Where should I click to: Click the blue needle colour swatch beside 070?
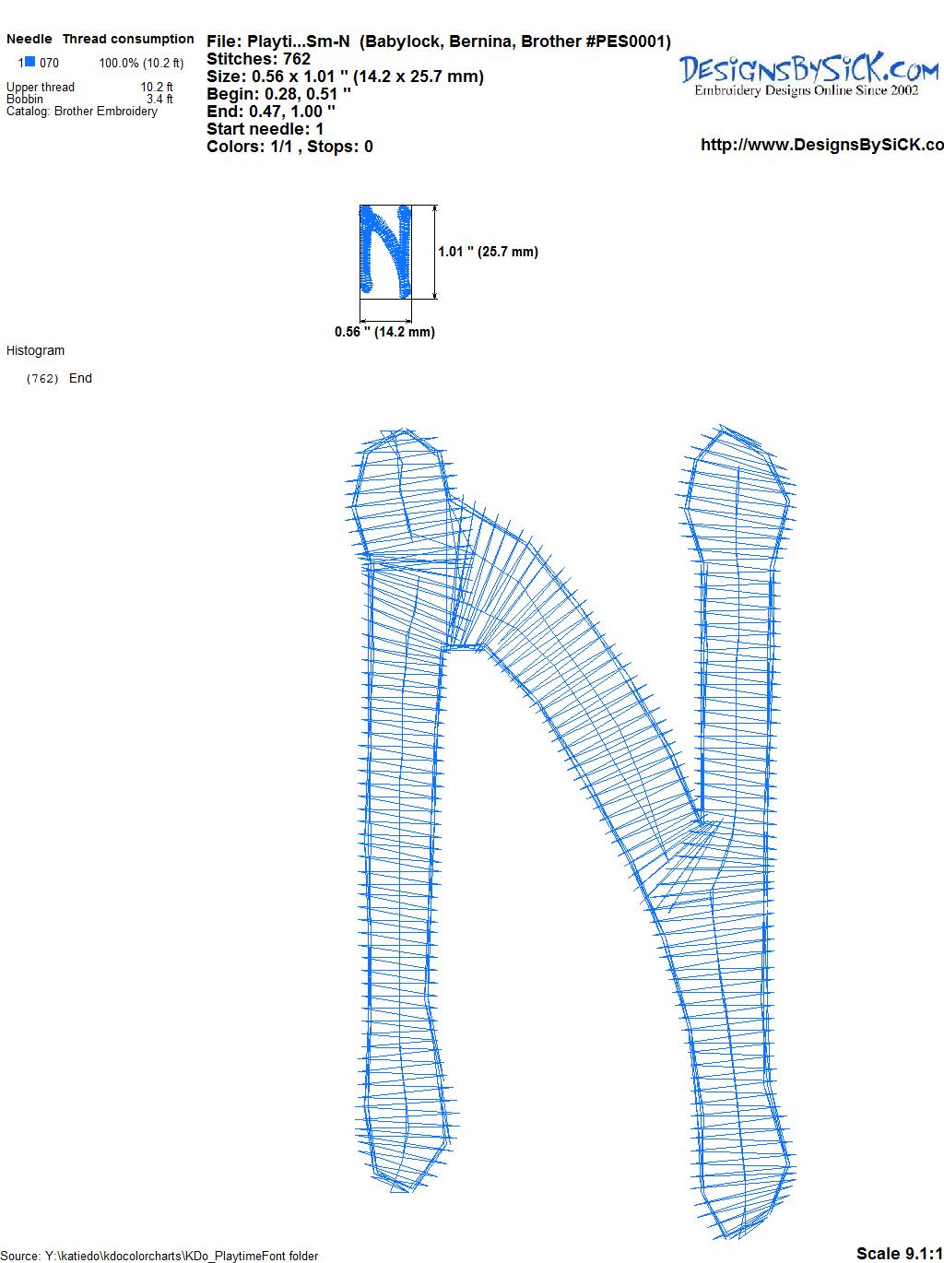click(x=30, y=62)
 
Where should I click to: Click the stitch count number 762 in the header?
click(x=297, y=59)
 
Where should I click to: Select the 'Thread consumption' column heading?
click(x=128, y=39)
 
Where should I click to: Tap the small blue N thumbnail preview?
click(x=385, y=252)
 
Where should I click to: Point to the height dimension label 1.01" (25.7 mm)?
click(x=488, y=252)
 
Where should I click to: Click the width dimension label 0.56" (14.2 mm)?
click(x=384, y=332)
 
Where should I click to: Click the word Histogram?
click(x=35, y=350)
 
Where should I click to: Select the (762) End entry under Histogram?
click(x=59, y=378)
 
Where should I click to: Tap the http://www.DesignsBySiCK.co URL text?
click(x=822, y=145)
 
